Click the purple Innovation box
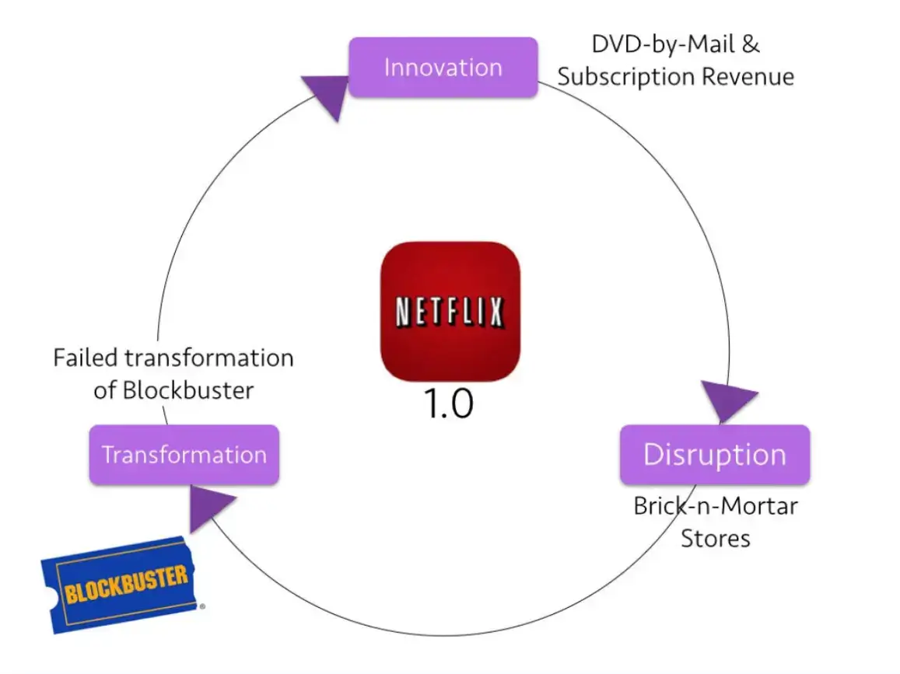click(443, 68)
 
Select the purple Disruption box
click(714, 455)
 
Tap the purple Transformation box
click(184, 455)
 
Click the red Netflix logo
click(450, 311)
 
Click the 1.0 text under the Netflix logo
click(449, 404)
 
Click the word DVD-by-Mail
click(653, 44)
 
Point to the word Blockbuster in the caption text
click(188, 389)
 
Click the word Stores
click(716, 538)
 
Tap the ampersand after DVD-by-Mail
click(749, 44)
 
